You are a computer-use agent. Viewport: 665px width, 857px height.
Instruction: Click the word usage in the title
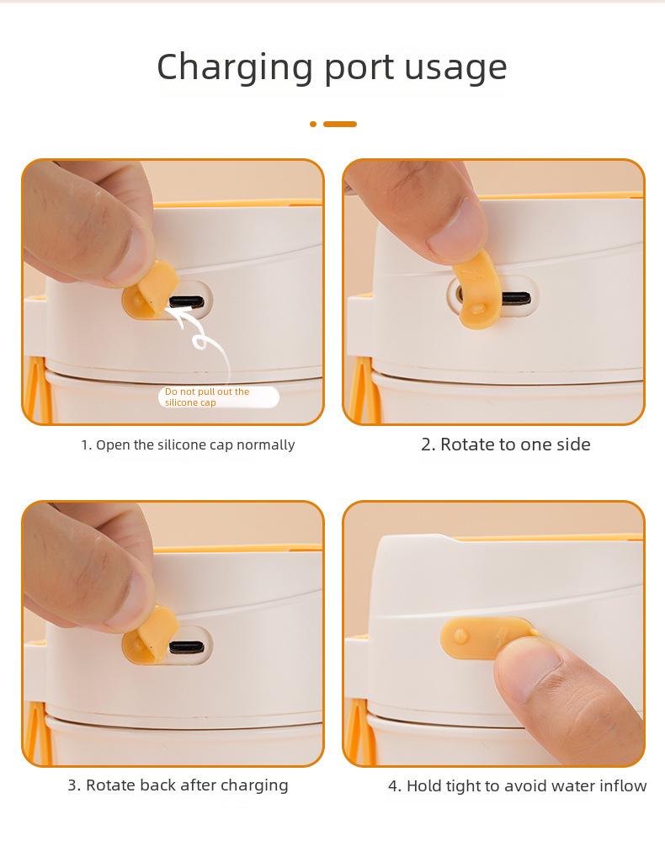[x=455, y=67]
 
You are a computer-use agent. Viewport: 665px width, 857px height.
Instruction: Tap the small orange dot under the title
[x=313, y=124]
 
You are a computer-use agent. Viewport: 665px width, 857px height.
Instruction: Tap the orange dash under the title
[x=340, y=124]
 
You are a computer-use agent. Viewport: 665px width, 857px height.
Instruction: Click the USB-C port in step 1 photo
[x=185, y=301]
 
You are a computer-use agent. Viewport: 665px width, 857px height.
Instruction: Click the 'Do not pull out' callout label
[x=217, y=397]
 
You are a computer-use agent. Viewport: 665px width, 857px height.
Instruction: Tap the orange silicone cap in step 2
[x=476, y=295]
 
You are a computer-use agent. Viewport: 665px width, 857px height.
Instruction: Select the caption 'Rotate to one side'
[x=505, y=444]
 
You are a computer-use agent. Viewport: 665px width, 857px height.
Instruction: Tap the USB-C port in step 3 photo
[x=186, y=647]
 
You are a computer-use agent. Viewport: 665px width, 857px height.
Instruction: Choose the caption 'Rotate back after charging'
[x=178, y=785]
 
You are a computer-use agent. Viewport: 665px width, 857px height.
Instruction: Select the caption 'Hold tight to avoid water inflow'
[x=517, y=785]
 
